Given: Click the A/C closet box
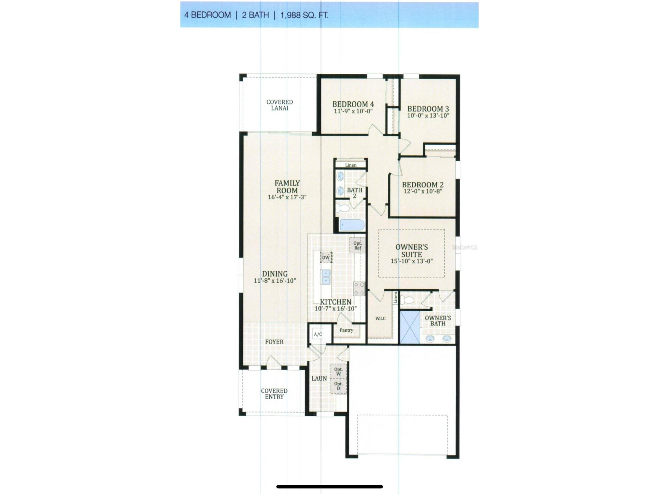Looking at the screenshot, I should [x=318, y=335].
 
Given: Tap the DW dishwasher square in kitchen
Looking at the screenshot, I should [x=326, y=257].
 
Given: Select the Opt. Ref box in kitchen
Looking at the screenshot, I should [x=357, y=245].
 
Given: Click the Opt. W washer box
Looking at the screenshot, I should [x=338, y=371].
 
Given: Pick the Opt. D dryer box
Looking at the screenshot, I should [x=338, y=386].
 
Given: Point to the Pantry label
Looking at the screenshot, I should [x=346, y=330].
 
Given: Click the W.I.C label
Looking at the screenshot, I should [x=380, y=319].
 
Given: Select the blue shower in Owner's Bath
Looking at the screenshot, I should [x=410, y=327].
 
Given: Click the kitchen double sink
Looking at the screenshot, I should [x=326, y=277].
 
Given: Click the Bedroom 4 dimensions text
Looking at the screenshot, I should [x=353, y=111].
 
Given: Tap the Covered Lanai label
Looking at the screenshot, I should [x=279, y=105].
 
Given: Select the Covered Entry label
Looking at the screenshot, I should [x=274, y=394].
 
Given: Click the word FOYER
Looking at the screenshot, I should [x=274, y=342].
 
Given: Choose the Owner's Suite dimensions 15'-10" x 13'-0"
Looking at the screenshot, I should [x=412, y=261].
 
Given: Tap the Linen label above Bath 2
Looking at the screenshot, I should [x=351, y=165].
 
